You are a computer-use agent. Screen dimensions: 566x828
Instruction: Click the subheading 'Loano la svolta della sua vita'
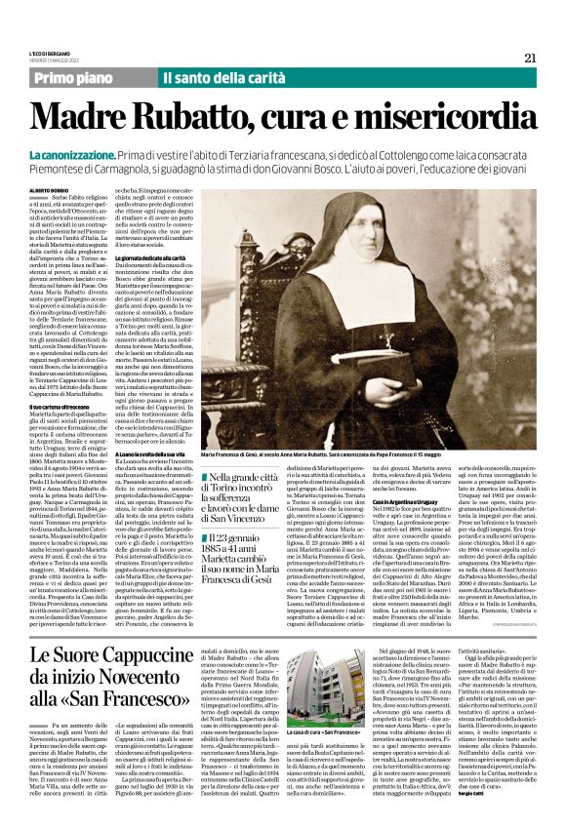click(150, 453)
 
